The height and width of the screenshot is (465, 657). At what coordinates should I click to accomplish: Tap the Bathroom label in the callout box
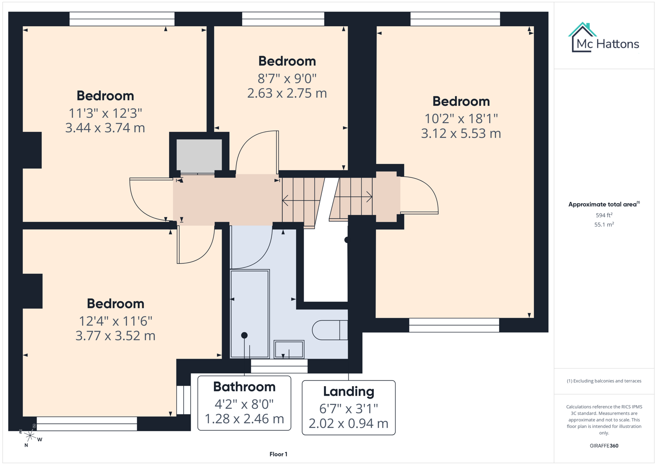tap(244, 387)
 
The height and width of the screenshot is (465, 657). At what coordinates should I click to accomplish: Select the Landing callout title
tap(349, 391)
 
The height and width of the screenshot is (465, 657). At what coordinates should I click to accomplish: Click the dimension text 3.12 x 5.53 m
tap(461, 133)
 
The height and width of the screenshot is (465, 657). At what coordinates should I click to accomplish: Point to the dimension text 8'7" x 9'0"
tap(287, 78)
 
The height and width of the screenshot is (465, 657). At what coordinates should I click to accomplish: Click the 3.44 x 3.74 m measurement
tap(105, 128)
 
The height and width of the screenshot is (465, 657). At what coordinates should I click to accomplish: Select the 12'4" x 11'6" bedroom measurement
tap(115, 321)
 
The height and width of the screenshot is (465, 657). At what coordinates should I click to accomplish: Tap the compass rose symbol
tap(30, 436)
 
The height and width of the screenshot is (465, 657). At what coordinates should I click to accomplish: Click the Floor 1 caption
tap(278, 454)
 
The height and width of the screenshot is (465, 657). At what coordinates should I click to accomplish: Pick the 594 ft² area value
tap(604, 215)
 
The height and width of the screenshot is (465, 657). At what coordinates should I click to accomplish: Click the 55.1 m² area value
tap(604, 224)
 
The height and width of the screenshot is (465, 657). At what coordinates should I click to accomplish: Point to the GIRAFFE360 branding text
tap(604, 446)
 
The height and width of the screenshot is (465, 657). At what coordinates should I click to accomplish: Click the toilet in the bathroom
tap(330, 330)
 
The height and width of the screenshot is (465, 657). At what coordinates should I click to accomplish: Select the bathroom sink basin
tap(289, 349)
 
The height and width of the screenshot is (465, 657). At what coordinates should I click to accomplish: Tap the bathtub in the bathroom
tap(250, 313)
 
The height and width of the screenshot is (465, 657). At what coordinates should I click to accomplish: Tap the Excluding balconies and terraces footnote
tap(604, 381)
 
